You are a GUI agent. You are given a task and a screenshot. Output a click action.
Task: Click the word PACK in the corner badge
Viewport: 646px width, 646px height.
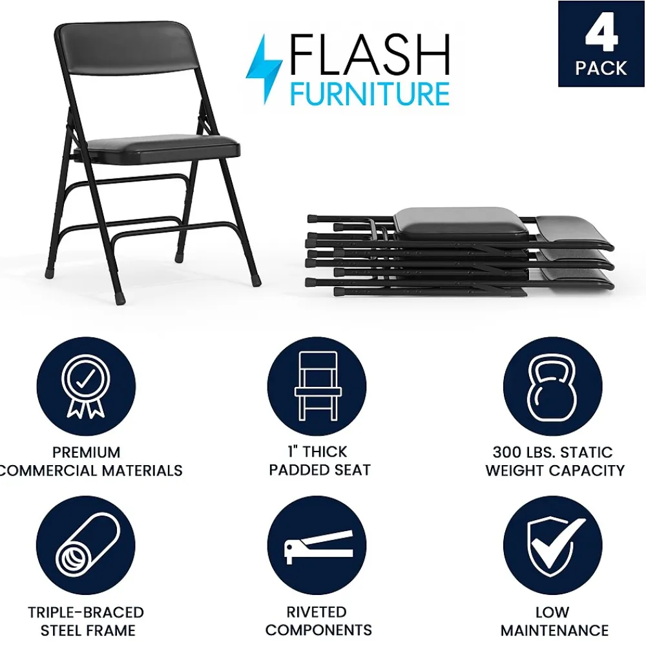(601, 68)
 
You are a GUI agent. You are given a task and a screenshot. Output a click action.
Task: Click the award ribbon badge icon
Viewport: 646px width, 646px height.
(86, 386)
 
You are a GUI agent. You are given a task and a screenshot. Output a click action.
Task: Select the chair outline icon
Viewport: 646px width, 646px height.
(317, 386)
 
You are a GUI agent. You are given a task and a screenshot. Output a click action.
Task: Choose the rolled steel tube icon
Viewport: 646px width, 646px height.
(86, 545)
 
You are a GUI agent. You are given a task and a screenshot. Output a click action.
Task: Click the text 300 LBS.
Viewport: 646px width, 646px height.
(528, 452)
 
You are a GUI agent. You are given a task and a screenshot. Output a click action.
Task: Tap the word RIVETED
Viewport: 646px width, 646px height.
(317, 612)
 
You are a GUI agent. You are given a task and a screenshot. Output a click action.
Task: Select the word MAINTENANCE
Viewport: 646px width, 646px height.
(554, 630)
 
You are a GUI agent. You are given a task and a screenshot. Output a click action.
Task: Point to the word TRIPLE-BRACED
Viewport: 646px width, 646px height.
(86, 612)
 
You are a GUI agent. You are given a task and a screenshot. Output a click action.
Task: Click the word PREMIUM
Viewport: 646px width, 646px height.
(87, 452)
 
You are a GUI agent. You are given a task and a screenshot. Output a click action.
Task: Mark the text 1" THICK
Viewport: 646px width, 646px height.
(317, 452)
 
